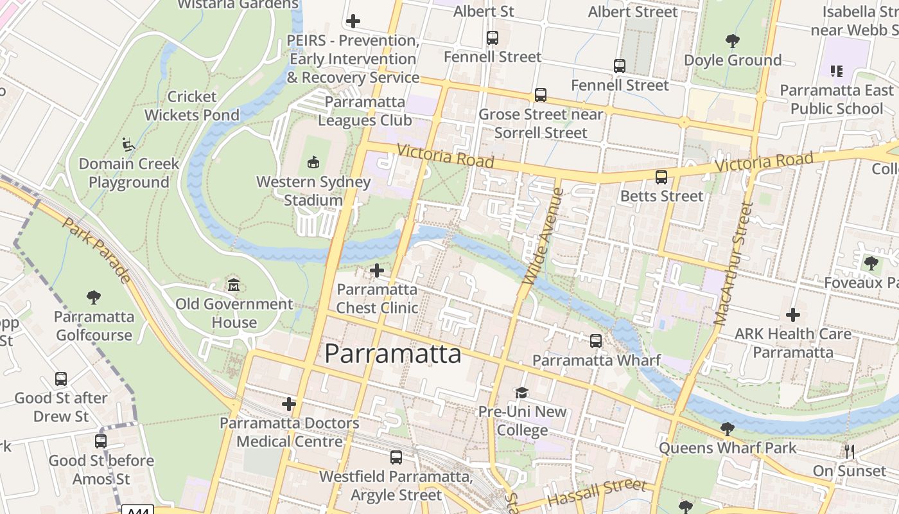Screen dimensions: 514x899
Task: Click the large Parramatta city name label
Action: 392,354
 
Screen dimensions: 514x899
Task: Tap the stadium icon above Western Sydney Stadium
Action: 313,162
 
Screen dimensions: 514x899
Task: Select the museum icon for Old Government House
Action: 234,285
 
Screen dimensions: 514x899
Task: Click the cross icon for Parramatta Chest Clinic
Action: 377,270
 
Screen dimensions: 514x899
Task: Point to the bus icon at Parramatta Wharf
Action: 596,341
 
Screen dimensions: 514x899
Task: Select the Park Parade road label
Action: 98,250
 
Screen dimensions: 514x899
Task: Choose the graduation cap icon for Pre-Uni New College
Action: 521,393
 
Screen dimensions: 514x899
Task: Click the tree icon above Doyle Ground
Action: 732,42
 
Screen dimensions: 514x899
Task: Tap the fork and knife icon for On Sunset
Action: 850,452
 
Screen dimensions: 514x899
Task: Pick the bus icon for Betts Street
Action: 661,177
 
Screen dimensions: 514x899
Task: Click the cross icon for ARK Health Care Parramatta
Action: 793,315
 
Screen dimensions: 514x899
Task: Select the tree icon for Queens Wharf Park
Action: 727,429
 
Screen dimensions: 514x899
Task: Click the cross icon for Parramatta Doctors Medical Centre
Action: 289,404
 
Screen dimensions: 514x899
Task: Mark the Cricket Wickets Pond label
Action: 191,106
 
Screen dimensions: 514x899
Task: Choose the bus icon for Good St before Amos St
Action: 101,441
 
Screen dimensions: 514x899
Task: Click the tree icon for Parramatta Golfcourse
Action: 94,297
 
